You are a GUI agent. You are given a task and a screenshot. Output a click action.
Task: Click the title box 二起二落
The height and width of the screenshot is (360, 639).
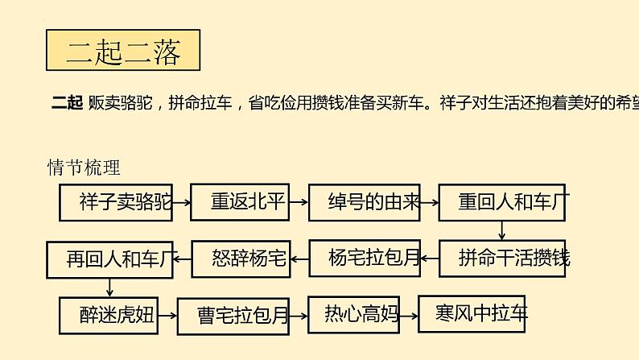coord(123,52)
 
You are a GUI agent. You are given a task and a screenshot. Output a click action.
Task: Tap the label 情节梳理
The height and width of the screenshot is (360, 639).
coord(84,168)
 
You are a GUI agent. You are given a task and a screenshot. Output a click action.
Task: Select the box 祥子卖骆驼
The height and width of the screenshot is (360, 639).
coord(115,202)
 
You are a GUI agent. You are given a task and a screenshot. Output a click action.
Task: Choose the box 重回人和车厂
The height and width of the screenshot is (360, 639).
coord(501,202)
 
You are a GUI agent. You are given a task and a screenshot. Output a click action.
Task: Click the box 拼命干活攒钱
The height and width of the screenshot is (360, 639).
coord(503,259)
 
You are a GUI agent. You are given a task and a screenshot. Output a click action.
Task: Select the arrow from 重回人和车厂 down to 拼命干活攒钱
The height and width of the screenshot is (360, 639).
coord(502,230)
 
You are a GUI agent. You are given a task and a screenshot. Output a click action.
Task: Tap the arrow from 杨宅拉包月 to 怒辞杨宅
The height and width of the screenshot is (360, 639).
coord(299,259)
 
